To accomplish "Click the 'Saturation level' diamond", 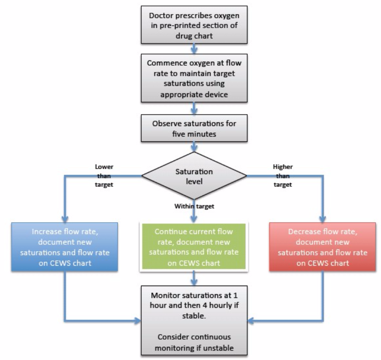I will click(x=194, y=174).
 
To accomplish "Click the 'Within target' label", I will click(x=194, y=206).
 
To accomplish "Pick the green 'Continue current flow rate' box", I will click(x=194, y=247).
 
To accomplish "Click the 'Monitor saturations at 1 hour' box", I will click(x=194, y=319).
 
